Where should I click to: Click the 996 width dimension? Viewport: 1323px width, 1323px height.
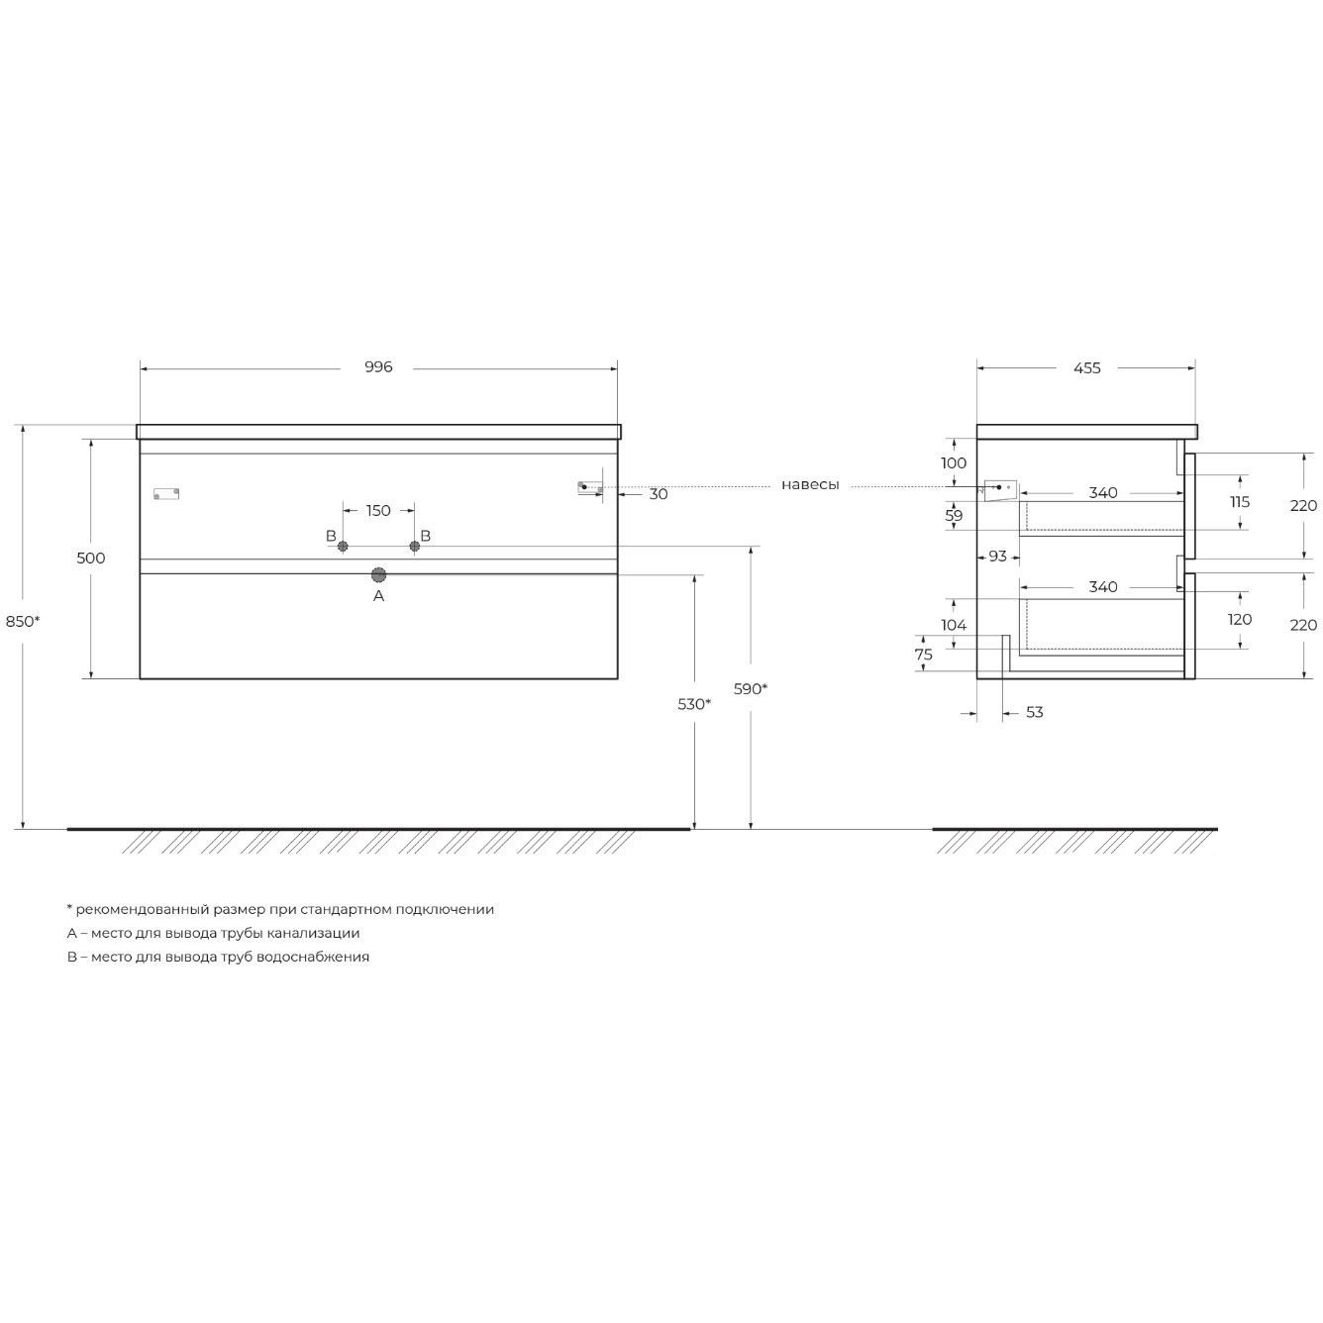(x=378, y=367)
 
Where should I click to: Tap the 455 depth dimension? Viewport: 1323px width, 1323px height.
(x=1087, y=368)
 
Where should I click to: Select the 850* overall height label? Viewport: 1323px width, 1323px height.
(x=23, y=621)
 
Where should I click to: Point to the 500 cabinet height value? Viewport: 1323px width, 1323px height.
(x=91, y=559)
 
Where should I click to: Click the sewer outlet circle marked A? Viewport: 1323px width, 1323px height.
(x=378, y=574)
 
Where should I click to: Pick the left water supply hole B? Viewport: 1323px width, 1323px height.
(x=343, y=547)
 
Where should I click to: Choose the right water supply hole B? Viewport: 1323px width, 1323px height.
(x=415, y=547)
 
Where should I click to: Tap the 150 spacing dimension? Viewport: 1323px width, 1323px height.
(x=378, y=511)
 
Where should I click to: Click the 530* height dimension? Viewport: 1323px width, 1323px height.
(x=694, y=704)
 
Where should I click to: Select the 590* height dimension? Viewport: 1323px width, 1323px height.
(x=751, y=688)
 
